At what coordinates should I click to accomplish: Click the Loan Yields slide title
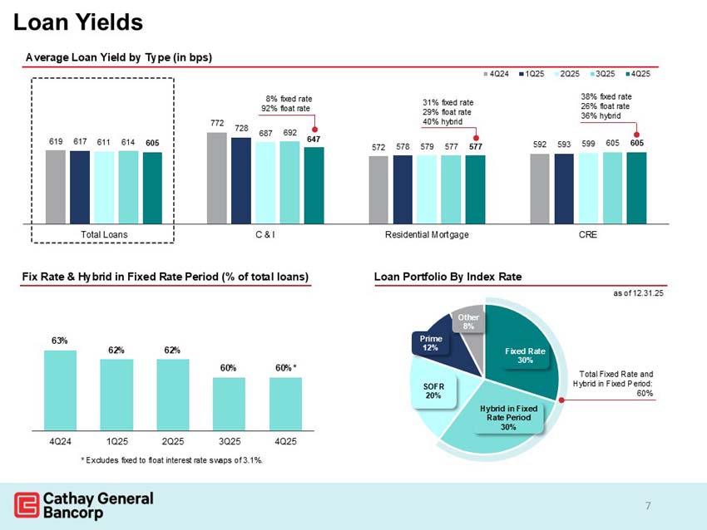pyautogui.click(x=78, y=22)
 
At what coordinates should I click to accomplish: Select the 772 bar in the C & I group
pyautogui.click(x=216, y=178)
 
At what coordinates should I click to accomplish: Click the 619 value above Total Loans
pyautogui.click(x=54, y=143)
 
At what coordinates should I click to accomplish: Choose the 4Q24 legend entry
pyautogui.click(x=497, y=74)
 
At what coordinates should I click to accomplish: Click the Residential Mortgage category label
pyautogui.click(x=427, y=235)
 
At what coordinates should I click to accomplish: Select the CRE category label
pyautogui.click(x=587, y=235)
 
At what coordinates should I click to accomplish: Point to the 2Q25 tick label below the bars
pyautogui.click(x=172, y=439)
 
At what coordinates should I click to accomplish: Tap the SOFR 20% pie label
pyautogui.click(x=433, y=391)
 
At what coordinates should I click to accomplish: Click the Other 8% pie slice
pyautogui.click(x=469, y=321)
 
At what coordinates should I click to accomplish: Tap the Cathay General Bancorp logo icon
pyautogui.click(x=27, y=504)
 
